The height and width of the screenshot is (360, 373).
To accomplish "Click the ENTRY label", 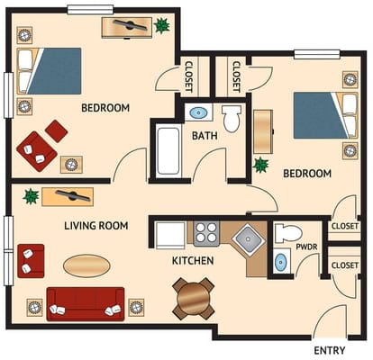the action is click(x=330, y=350).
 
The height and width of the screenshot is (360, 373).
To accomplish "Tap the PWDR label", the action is click(x=306, y=247).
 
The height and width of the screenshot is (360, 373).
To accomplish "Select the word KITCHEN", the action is click(x=193, y=261).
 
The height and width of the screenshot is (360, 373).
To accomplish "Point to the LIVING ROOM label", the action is click(x=96, y=226).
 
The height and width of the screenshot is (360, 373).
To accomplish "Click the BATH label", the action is click(x=205, y=136).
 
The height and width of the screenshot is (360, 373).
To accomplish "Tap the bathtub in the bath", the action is click(x=168, y=151).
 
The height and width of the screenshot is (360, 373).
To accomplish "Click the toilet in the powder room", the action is click(x=288, y=232).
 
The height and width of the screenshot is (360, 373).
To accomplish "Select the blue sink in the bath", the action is click(x=198, y=113).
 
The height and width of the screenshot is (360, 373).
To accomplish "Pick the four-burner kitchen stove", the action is click(x=206, y=234).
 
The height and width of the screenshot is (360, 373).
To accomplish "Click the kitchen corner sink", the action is click(x=248, y=239).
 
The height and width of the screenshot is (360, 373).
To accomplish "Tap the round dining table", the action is click(x=194, y=299).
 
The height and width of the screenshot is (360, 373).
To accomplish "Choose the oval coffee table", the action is click(x=86, y=265).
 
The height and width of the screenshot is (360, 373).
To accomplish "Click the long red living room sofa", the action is click(x=86, y=304).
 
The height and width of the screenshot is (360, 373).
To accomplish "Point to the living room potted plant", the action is click(x=31, y=196).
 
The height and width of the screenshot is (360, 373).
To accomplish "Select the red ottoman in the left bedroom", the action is click(x=56, y=131).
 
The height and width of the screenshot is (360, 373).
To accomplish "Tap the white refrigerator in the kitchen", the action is click(x=170, y=236).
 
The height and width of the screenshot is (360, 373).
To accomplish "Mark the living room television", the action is click(x=73, y=196).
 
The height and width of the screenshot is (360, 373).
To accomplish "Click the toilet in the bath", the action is click(x=232, y=119).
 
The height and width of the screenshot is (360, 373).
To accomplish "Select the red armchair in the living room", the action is click(x=31, y=261).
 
